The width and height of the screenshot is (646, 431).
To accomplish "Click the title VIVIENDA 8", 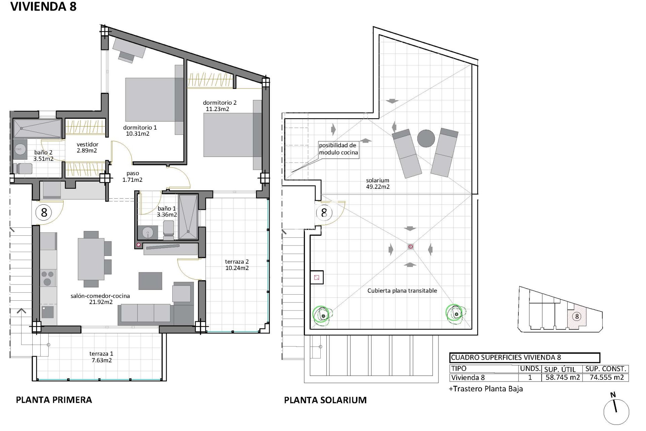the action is (x=44, y=7).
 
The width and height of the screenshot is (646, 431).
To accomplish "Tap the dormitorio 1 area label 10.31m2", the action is (x=138, y=134).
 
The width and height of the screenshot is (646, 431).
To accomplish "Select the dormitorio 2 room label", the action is (x=220, y=102).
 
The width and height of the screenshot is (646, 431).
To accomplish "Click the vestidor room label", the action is (x=87, y=144).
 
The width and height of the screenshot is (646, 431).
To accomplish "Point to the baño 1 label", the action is (x=167, y=208).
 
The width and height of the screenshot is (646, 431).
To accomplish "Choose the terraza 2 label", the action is (x=237, y=262).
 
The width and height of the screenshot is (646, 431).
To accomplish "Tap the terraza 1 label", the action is (x=101, y=354).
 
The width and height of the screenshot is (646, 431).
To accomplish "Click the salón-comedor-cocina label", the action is (x=100, y=296).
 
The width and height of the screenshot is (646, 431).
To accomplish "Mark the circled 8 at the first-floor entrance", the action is (x=44, y=213).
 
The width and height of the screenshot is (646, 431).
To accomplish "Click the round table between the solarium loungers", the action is (x=426, y=138).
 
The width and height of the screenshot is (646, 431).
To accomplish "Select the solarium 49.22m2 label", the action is (x=378, y=184).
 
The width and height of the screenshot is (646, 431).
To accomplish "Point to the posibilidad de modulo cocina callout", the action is (x=338, y=149).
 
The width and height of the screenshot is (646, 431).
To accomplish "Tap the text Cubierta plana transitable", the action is (x=402, y=291).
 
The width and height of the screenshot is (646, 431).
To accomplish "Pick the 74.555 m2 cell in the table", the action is (x=607, y=377).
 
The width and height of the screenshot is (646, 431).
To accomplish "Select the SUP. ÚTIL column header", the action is (x=560, y=369).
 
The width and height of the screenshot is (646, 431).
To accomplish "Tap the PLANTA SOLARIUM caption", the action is (x=325, y=400).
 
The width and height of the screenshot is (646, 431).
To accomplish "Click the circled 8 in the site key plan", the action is (x=577, y=316).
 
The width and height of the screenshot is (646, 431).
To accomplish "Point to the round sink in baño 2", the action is (x=21, y=148).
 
